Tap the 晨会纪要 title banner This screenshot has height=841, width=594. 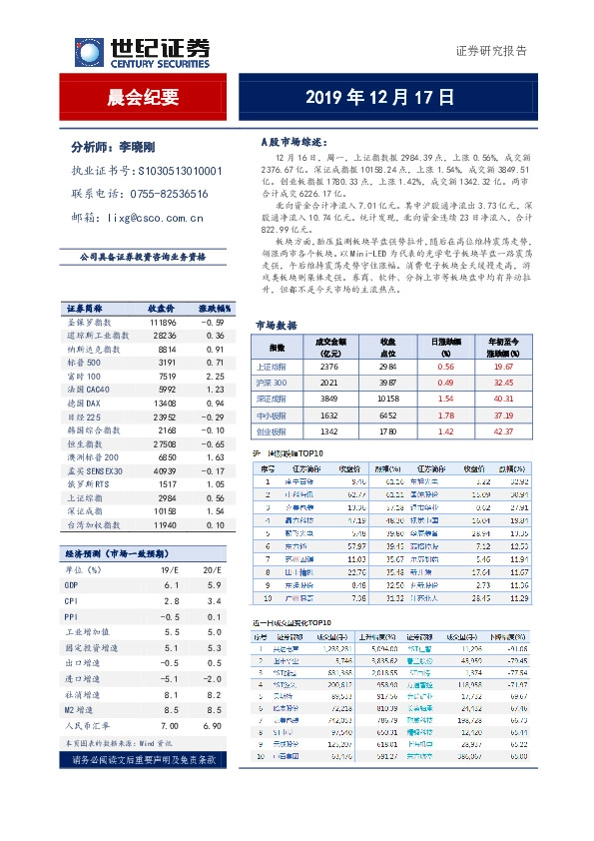pos(142,97)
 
